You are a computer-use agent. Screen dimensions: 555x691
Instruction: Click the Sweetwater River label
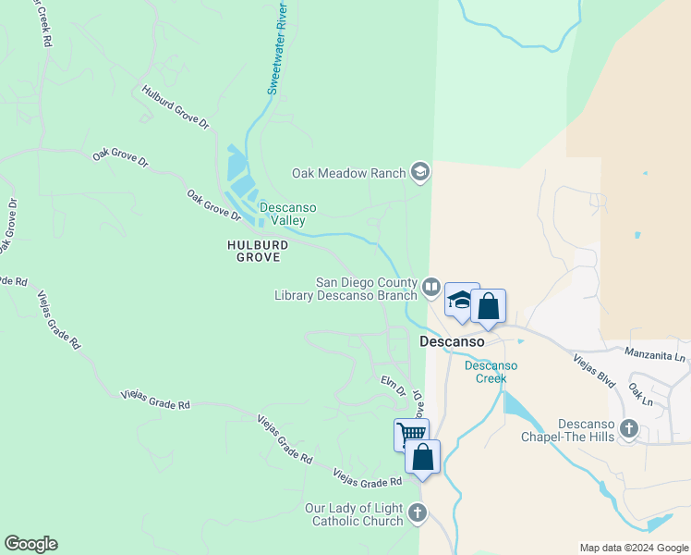[x=277, y=47]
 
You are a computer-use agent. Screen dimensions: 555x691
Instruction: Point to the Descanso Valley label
[x=282, y=214]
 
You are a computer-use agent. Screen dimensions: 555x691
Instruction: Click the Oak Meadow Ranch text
[x=350, y=173]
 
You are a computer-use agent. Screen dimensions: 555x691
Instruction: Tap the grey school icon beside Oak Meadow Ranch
[x=420, y=172]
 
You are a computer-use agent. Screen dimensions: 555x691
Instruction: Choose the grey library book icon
[x=430, y=288]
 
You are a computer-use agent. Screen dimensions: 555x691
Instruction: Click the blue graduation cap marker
[x=462, y=301]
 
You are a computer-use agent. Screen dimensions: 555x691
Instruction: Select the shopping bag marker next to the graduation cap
[x=488, y=306]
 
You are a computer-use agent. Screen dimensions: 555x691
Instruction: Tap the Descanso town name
[x=453, y=341]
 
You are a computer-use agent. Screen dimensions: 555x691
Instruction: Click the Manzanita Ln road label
[x=656, y=352]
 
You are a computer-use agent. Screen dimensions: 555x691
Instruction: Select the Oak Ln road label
[x=640, y=394]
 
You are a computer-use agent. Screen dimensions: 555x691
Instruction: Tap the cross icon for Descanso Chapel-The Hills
[x=630, y=428]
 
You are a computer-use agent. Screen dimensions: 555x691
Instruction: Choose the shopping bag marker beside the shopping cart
[x=422, y=457]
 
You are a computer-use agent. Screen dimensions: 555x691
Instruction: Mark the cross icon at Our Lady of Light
[x=417, y=513]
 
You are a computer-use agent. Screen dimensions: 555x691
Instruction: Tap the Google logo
[x=30, y=544]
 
